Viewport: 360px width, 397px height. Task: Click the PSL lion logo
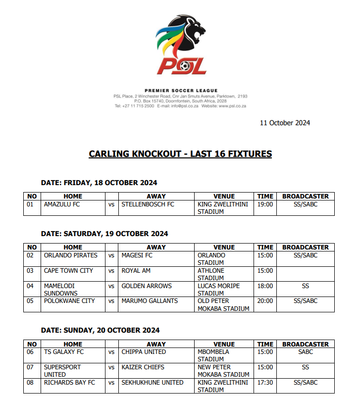coord(181,45)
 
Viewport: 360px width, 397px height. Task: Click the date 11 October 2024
coord(285,123)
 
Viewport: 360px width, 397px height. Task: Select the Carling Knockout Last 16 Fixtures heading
coord(180,154)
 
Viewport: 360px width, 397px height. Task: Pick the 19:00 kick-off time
coord(265,204)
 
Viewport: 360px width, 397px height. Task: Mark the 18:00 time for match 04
coord(265,286)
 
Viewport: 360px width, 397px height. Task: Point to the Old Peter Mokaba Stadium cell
coord(223,305)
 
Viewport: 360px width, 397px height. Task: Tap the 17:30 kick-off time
coord(265,383)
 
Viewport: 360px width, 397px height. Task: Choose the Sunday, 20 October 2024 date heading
coord(100,330)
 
